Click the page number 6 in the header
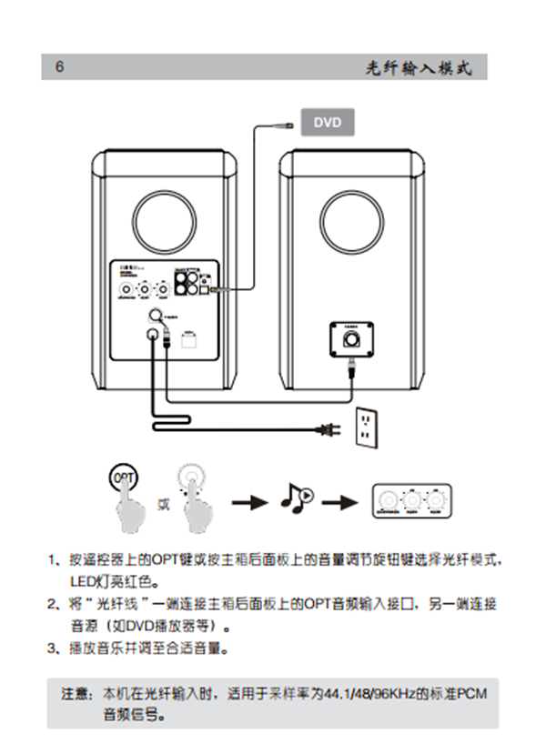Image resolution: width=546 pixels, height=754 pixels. click(x=60, y=67)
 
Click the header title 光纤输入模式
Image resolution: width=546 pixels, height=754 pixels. click(x=419, y=68)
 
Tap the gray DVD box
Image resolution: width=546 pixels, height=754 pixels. click(x=327, y=122)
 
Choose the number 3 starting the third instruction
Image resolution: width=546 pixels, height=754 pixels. click(x=53, y=648)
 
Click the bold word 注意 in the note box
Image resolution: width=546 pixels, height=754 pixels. click(x=77, y=694)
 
